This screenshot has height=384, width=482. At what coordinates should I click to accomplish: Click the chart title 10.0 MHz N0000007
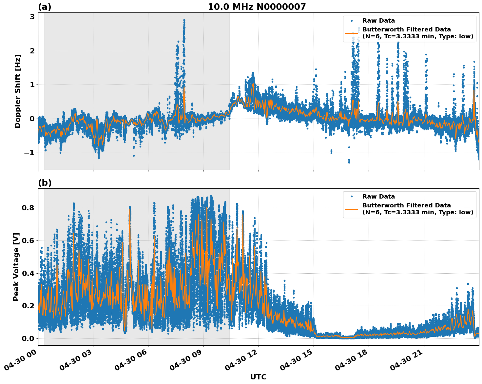tap(257, 7)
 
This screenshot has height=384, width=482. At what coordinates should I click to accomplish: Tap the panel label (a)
tap(45, 7)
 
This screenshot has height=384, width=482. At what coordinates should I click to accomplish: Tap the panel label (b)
tap(45, 183)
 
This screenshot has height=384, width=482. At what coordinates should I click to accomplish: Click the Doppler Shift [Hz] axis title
tap(18, 91)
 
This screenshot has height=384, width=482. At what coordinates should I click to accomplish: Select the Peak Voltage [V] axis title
tap(16, 267)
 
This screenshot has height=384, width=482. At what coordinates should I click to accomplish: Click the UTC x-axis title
tap(258, 377)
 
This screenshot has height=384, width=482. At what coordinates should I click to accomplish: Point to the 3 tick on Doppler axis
tap(32, 17)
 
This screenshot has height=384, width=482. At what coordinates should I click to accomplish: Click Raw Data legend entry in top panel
tap(378, 21)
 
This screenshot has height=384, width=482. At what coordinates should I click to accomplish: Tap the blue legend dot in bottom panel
tap(352, 197)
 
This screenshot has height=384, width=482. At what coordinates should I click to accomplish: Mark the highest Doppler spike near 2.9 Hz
tap(184, 20)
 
